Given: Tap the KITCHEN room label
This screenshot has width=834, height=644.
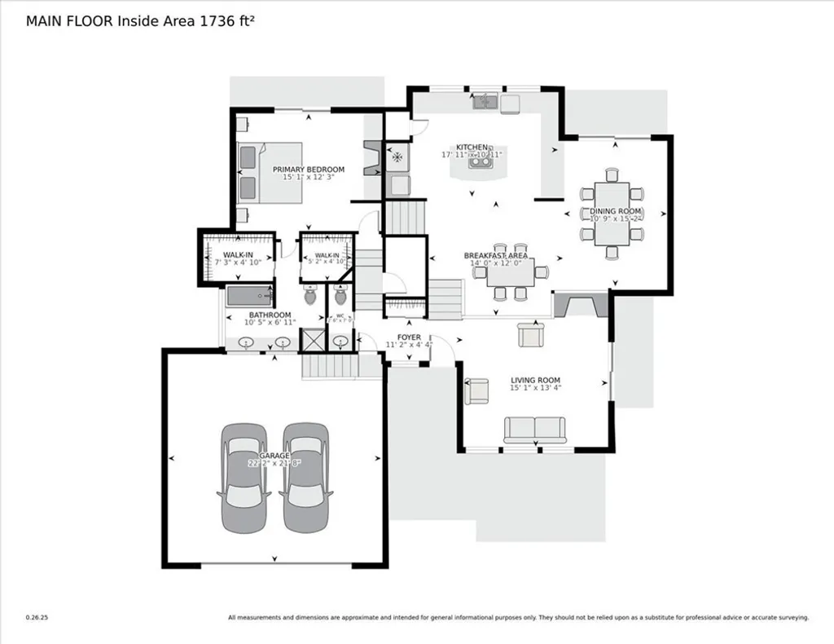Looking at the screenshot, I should pyautogui.click(x=472, y=147).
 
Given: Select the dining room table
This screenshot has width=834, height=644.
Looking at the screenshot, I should pyautogui.click(x=612, y=214).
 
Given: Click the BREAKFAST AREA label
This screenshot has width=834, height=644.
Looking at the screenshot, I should pyautogui.click(x=495, y=255).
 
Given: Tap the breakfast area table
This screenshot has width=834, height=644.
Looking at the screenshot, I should pyautogui.click(x=511, y=271).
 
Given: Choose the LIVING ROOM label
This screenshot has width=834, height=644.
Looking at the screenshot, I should pyautogui.click(x=535, y=381).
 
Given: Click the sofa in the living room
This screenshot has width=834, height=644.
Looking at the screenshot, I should pyautogui.click(x=535, y=429).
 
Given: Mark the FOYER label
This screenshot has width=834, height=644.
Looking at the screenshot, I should pyautogui.click(x=409, y=337).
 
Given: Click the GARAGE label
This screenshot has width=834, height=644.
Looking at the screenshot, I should pyautogui.click(x=274, y=455).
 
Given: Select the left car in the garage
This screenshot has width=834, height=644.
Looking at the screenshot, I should pyautogui.click(x=245, y=478).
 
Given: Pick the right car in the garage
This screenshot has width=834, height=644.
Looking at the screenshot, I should pyautogui.click(x=305, y=478).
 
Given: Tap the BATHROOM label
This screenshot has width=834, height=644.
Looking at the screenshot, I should pyautogui.click(x=270, y=315).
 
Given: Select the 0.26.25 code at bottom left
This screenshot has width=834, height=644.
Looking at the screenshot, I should pyautogui.click(x=37, y=617).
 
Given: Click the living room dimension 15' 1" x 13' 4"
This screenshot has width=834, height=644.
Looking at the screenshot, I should pyautogui.click(x=535, y=388).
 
